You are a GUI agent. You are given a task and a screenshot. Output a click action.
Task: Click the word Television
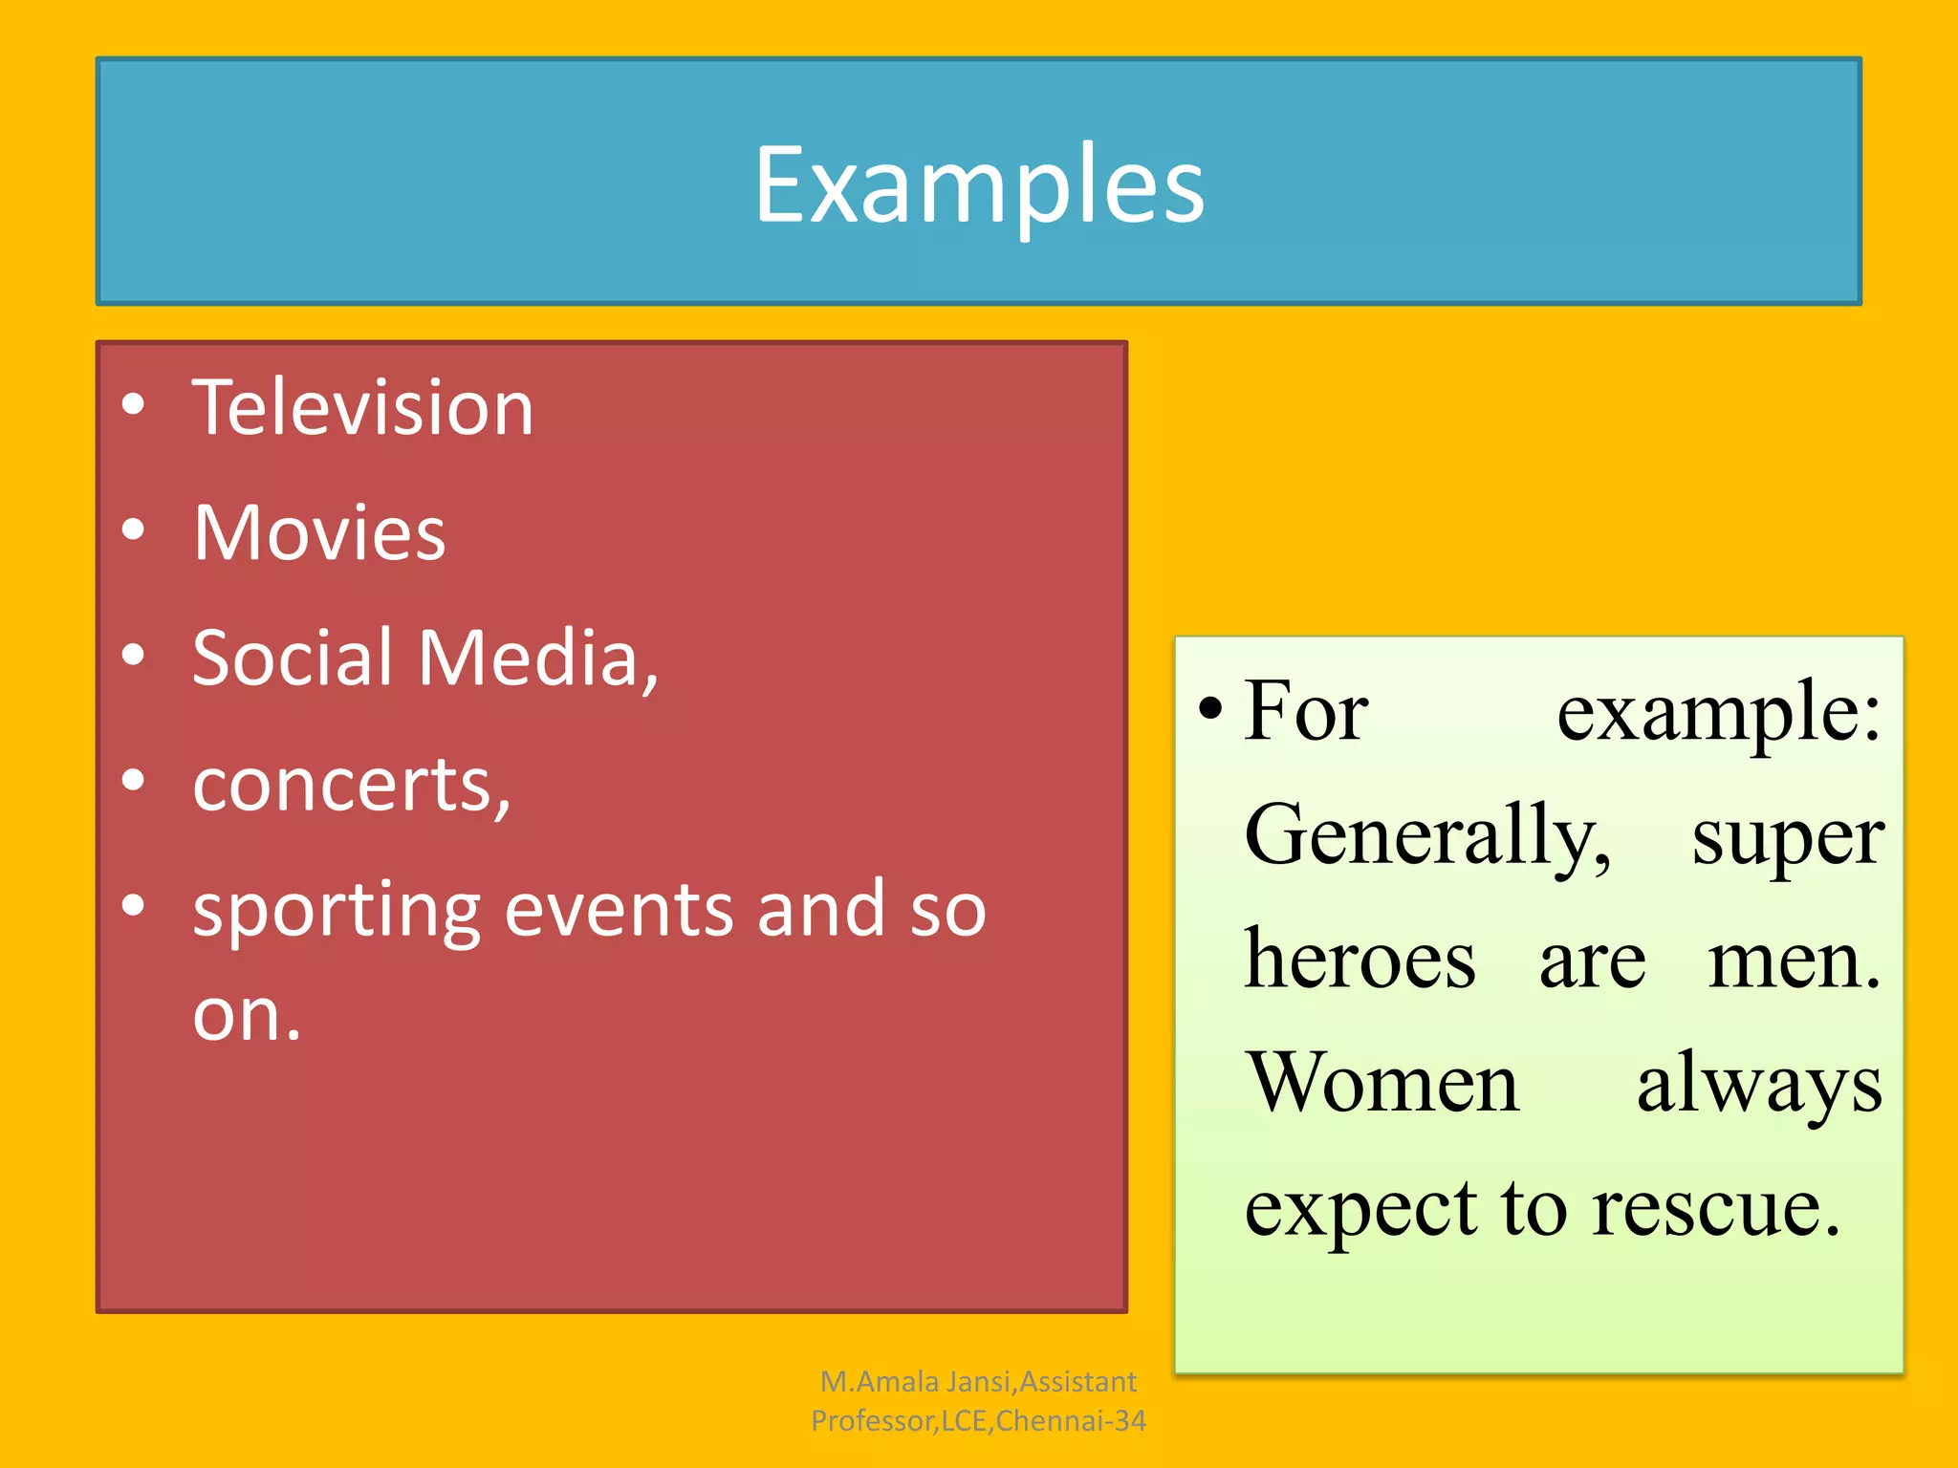362,408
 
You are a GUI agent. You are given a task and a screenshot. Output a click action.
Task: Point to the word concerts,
352,785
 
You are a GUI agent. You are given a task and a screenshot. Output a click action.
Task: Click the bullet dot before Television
134,404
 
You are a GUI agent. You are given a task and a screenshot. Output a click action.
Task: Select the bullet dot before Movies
134,529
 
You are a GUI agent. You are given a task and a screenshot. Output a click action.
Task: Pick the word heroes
1360,960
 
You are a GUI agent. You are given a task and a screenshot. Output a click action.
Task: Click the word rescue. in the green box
1715,1208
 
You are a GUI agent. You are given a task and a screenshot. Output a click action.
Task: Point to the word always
1758,1086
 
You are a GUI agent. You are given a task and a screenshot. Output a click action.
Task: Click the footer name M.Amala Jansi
917,1382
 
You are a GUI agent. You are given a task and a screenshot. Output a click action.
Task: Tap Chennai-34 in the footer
1070,1421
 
